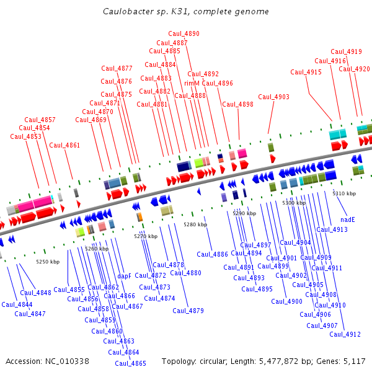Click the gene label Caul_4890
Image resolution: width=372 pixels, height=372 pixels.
(184, 33)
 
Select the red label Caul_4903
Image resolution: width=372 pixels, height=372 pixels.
(273, 97)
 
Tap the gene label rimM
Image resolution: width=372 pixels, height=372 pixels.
(192, 83)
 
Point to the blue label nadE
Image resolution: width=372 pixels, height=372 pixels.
(348, 219)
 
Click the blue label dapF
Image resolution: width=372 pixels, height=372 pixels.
(124, 276)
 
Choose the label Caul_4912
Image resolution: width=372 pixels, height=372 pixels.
(345, 334)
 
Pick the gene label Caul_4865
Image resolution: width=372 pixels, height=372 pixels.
(130, 363)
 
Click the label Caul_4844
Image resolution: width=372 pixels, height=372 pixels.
(17, 304)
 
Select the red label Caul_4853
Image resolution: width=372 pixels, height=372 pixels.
(25, 136)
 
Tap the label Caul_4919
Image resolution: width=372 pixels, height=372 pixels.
(346, 52)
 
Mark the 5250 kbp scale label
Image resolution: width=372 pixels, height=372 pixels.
(48, 262)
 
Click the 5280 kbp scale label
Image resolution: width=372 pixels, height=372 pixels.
(195, 224)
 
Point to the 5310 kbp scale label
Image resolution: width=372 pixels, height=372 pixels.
(344, 193)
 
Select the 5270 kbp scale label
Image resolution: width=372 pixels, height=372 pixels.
(146, 236)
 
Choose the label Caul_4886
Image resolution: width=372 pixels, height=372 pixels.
(212, 254)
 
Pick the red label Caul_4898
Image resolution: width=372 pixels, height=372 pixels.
(237, 104)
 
